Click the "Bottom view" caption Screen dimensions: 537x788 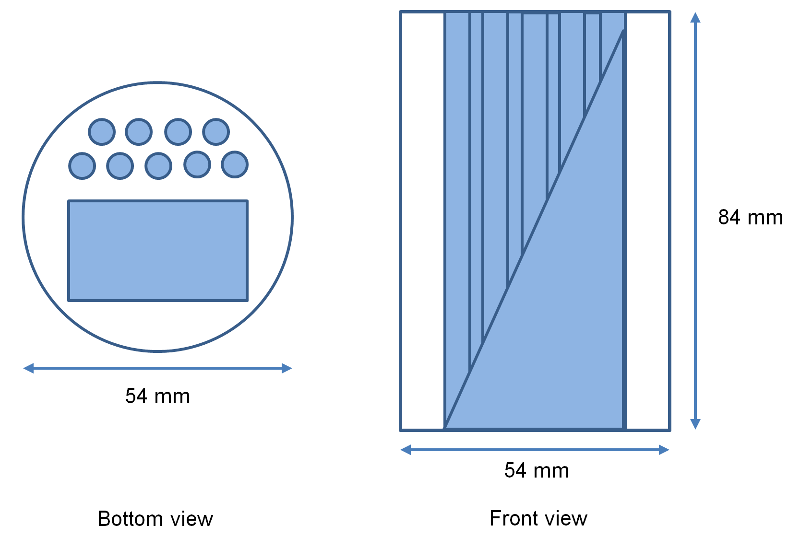(155, 519)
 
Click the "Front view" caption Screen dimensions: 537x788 (538, 518)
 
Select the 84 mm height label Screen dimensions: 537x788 (750, 217)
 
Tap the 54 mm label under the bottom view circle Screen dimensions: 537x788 (157, 396)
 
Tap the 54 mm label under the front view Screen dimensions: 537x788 (537, 470)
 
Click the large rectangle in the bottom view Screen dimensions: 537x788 (158, 251)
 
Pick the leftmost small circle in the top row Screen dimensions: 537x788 (102, 132)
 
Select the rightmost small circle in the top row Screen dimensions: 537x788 (216, 132)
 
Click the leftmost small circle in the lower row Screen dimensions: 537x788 (82, 166)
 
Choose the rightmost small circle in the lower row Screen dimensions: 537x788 (235, 164)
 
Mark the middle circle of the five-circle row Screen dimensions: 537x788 (158, 166)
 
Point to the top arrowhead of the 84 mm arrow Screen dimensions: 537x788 (695, 17)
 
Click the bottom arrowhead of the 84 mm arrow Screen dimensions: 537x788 (695, 424)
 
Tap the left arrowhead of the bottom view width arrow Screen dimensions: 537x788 (28, 368)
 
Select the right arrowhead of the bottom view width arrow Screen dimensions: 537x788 (287, 368)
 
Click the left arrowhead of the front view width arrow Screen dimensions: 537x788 (406, 450)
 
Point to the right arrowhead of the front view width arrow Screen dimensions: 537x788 (664, 450)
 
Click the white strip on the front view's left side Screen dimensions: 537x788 (422, 221)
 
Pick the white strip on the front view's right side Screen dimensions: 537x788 (647, 221)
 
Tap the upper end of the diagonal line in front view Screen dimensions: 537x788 (622, 31)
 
